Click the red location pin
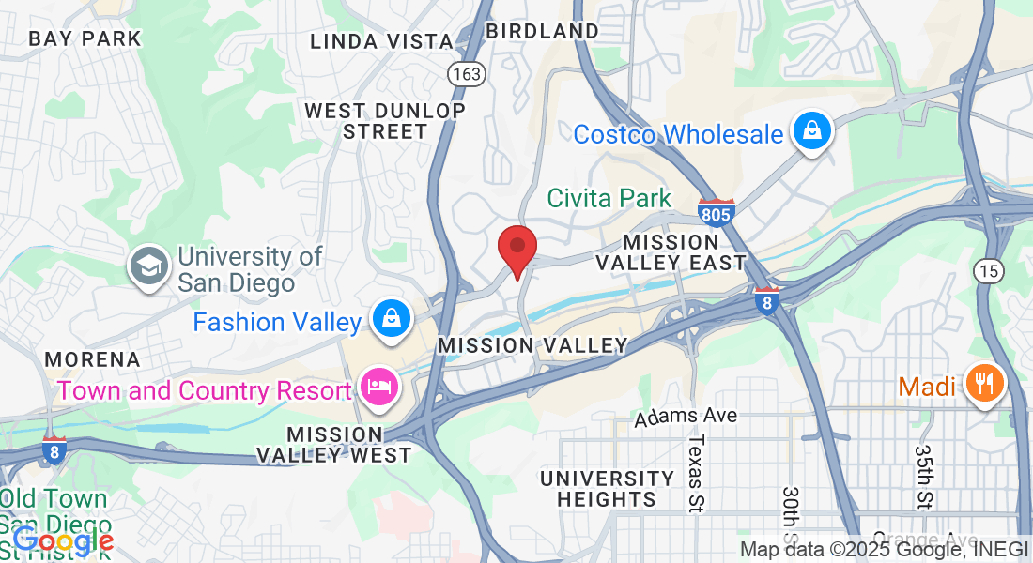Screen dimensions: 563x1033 pos(516,248)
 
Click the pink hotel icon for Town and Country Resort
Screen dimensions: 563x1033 pos(379,388)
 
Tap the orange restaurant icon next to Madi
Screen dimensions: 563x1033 pos(984,385)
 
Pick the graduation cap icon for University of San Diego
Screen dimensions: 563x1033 pos(149,267)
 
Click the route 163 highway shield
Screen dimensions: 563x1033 pos(466,73)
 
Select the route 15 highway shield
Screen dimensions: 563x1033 pos(989,270)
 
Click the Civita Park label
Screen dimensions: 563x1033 pos(609,198)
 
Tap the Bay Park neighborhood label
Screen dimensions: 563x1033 pos(85,38)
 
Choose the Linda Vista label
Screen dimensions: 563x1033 pos(381,41)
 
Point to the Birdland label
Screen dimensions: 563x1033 pos(542,31)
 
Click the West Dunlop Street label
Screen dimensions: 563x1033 pos(385,121)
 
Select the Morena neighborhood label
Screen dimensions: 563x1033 pos(92,359)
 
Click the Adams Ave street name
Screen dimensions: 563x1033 pos(685,416)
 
